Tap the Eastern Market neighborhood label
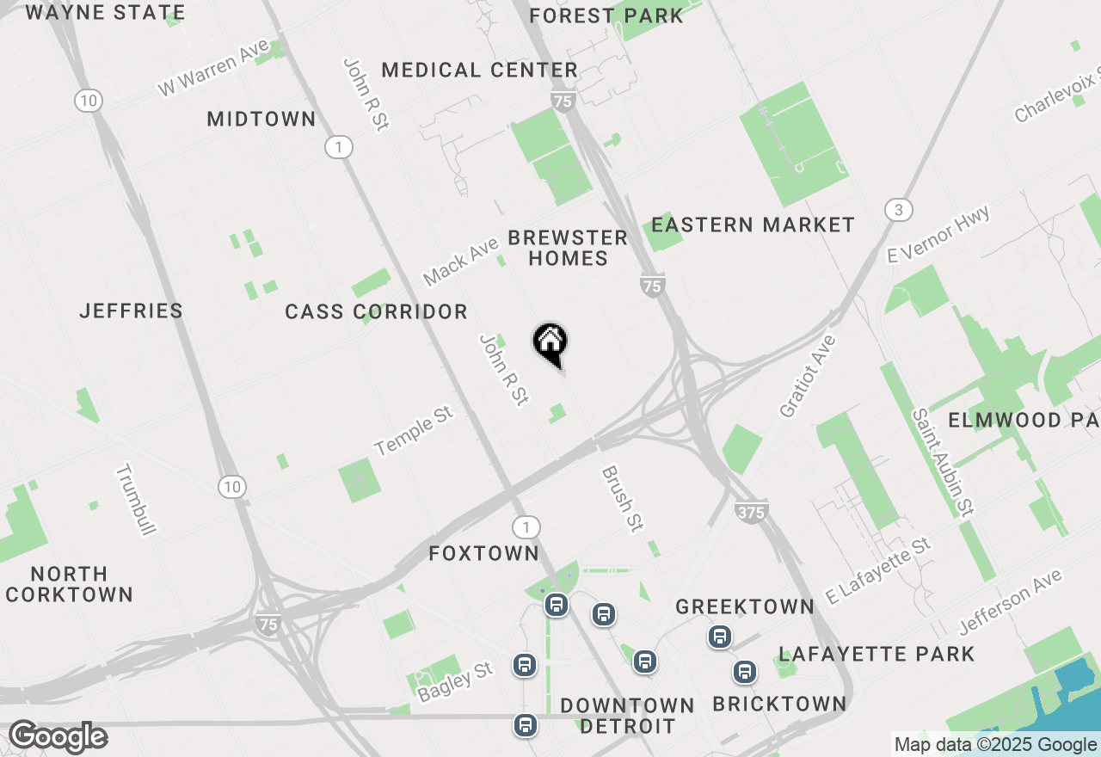753,225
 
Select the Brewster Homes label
568,248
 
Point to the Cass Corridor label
377,311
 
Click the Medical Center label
480,70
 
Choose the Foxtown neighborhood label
484,553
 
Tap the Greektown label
745,606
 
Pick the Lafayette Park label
877,654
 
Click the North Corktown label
70,584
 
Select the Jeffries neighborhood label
132,311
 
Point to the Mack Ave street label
461,262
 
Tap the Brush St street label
623,499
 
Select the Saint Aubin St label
944,462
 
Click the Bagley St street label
455,681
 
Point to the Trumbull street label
136,500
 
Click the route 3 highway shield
898,210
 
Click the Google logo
58,737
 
